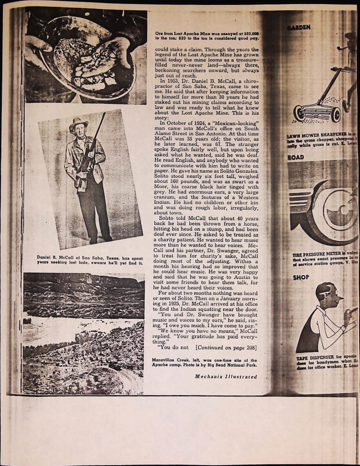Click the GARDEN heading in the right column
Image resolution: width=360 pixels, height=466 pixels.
click(x=299, y=27)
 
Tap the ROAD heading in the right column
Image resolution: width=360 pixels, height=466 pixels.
click(x=296, y=157)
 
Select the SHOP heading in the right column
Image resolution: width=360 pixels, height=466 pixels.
click(x=301, y=277)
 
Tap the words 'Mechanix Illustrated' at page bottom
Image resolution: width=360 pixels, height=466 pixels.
click(x=226, y=376)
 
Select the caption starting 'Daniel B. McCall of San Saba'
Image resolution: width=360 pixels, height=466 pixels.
click(x=90, y=260)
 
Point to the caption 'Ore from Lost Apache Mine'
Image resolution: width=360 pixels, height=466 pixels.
click(x=207, y=36)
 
